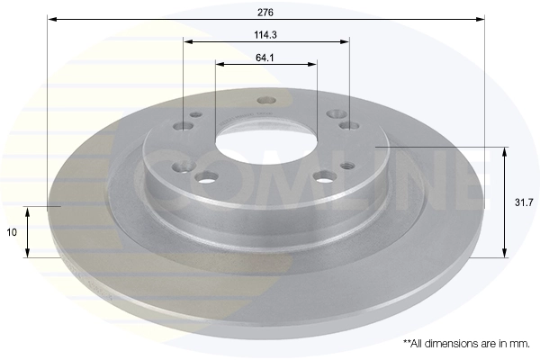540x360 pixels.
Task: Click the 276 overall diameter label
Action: coord(265,11)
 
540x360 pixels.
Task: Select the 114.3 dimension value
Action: coord(265,34)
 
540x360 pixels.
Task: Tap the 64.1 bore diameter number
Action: coord(265,57)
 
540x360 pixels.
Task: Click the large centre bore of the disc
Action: coord(265,141)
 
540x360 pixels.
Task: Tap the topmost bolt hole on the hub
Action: coord(265,100)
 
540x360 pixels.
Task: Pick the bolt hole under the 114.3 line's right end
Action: coord(348,126)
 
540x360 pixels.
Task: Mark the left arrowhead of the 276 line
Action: coord(50,18)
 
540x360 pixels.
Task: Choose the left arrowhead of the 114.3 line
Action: coord(186,41)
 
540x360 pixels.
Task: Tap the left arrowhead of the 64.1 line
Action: coord(219,64)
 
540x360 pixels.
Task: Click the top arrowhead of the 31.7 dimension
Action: coord(504,151)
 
